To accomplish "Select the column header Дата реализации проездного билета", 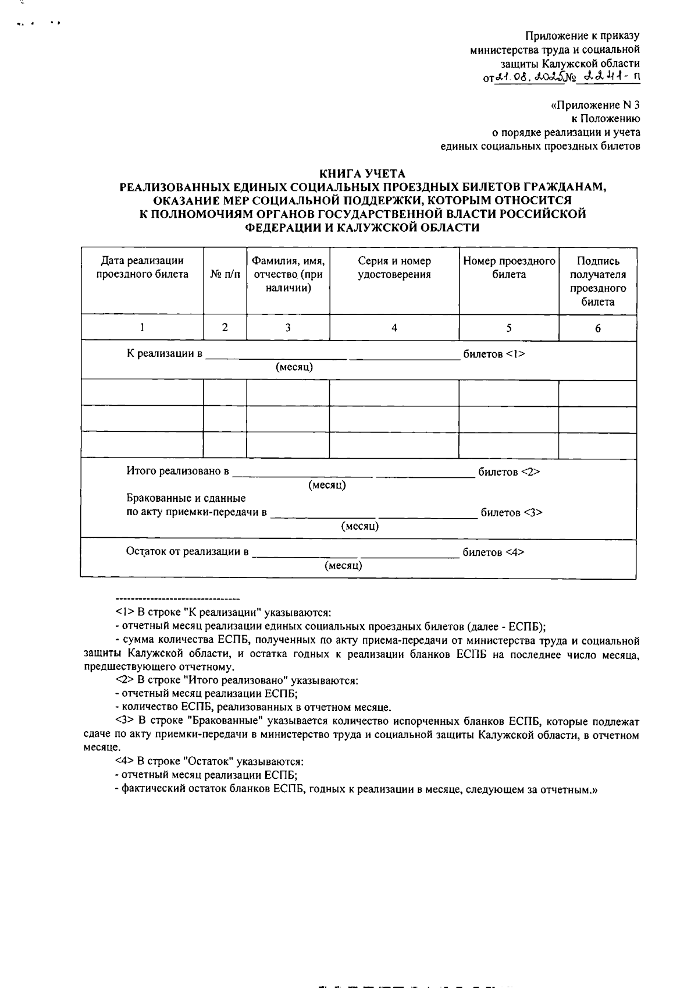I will (142, 268).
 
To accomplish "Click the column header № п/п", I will (225, 275).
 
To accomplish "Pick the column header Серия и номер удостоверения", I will (394, 268).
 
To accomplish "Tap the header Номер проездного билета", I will (509, 268).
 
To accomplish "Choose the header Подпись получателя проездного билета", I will (597, 281).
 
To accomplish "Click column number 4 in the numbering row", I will (394, 328).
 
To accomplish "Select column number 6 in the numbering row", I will (597, 328).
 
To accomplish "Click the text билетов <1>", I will (494, 354).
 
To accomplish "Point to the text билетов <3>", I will (511, 513).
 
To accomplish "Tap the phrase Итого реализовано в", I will (178, 471).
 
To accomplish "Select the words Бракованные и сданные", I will (186, 498).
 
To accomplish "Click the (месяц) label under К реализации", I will (294, 367).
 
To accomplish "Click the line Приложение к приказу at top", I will (582, 36).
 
